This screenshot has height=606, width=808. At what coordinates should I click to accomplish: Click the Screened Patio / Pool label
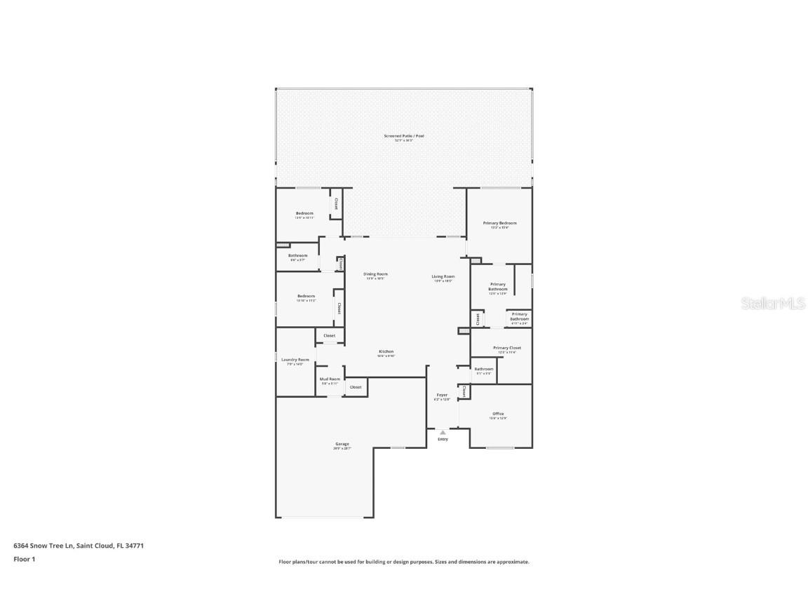403,135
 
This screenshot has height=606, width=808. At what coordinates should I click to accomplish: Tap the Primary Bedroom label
499,223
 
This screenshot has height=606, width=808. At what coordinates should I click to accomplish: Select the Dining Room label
375,274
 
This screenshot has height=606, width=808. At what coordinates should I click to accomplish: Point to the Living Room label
443,276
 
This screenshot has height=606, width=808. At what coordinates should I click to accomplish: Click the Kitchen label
386,351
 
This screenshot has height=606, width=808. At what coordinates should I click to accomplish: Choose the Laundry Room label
295,360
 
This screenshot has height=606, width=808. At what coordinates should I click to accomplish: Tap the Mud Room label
330,379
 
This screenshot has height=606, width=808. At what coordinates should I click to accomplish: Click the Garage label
342,444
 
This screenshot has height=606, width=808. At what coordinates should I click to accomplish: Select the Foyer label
442,395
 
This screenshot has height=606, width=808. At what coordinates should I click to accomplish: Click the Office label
498,414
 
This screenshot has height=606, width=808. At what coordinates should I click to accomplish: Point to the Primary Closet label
506,348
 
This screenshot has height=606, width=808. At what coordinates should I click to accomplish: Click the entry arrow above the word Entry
443,433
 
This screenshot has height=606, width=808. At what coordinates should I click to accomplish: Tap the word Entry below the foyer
443,439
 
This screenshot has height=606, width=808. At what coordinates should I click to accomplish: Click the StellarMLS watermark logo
774,303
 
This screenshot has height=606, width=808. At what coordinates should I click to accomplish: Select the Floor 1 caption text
24,559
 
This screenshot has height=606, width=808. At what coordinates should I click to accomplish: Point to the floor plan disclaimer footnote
403,562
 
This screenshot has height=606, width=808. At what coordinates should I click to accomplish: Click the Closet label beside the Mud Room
356,387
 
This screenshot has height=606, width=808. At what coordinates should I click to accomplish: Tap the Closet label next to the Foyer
464,391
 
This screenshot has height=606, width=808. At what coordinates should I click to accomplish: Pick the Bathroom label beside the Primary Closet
483,369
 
